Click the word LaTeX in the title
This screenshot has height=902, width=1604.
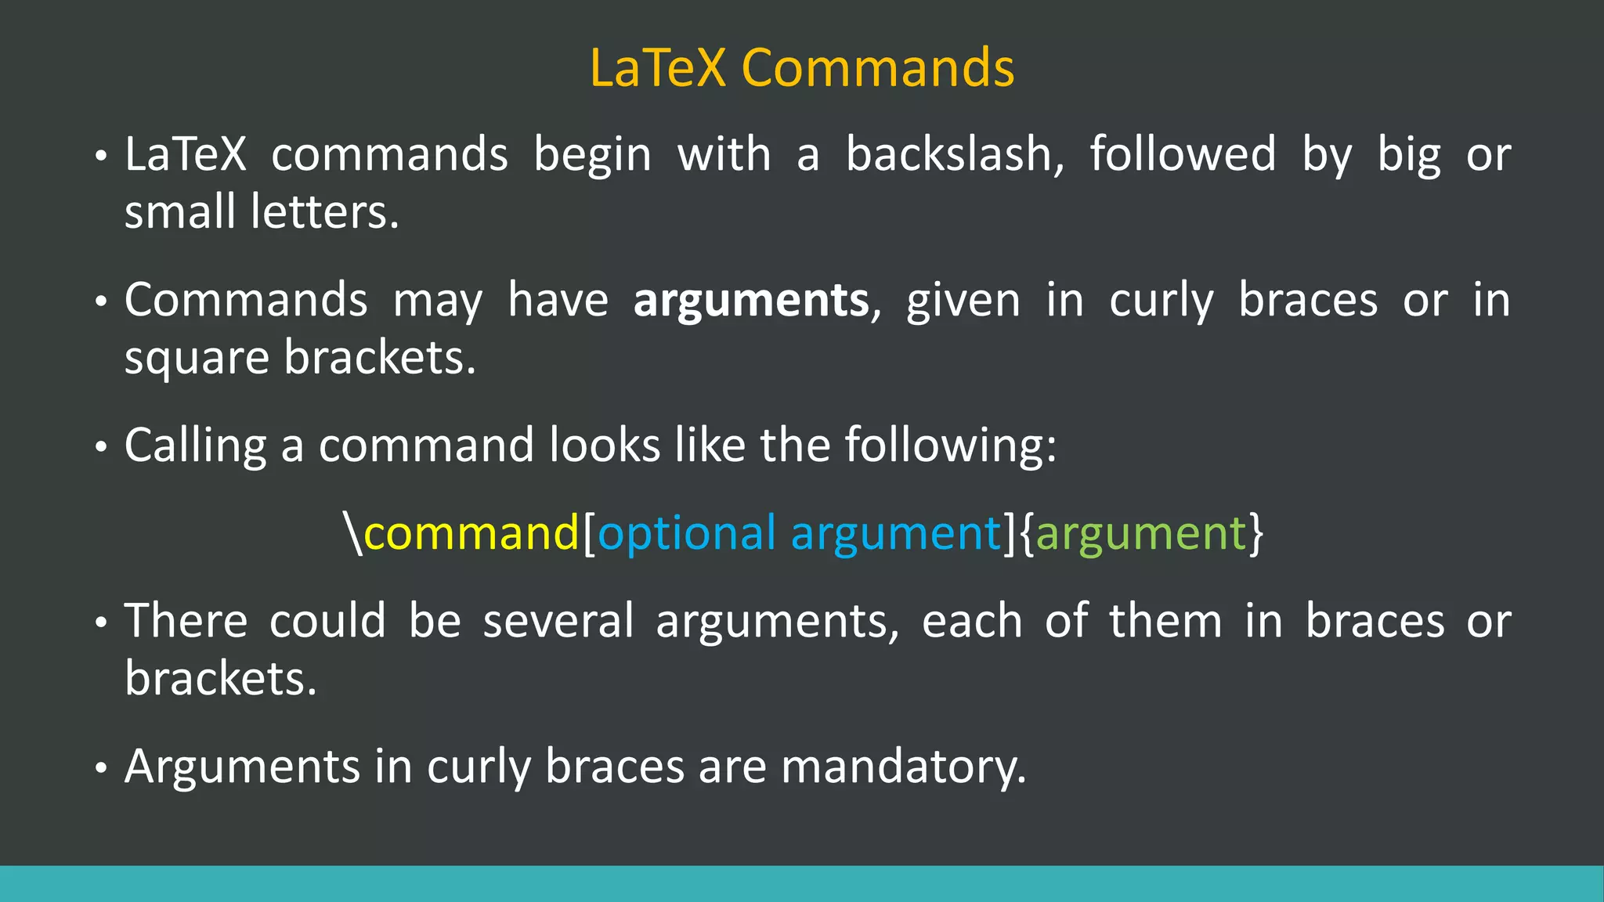[x=658, y=68]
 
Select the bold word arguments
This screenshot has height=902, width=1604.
[x=751, y=301]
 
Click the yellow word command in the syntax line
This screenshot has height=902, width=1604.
[x=471, y=534]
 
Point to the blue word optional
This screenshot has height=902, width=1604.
[x=687, y=534]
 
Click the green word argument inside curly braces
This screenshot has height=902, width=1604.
[x=1141, y=534]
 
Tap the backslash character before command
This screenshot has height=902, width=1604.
[x=354, y=534]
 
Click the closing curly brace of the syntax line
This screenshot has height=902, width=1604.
[x=1255, y=534]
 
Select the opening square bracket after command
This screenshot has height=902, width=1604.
[x=589, y=534]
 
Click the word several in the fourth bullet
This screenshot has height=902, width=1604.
[x=558, y=621]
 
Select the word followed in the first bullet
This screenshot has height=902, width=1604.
[x=1183, y=153]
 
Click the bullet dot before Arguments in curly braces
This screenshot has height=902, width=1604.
[x=100, y=769]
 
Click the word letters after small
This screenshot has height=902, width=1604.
[x=324, y=212]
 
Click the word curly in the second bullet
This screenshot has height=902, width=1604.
[x=1161, y=301]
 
